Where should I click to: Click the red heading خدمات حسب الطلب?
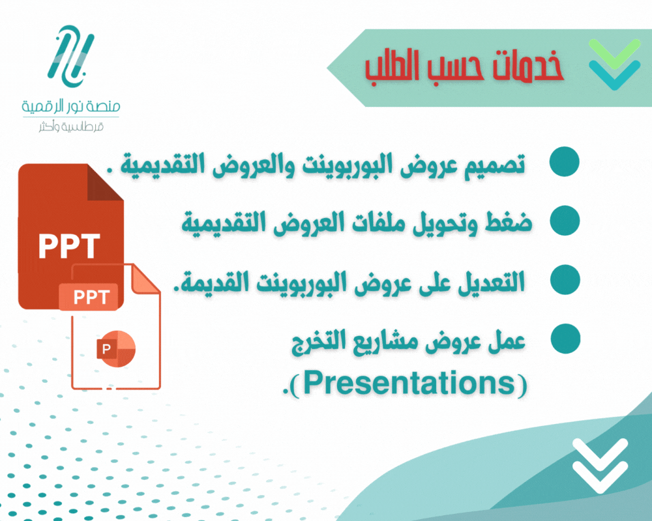(x=464, y=66)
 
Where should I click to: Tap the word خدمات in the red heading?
(x=528, y=66)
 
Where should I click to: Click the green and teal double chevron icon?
(x=614, y=64)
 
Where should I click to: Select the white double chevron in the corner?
(x=600, y=466)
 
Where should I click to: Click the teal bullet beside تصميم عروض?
(x=564, y=162)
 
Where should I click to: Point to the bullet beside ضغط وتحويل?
(x=565, y=221)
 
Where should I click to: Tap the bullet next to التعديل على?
(x=565, y=279)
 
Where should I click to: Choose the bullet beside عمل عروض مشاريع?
(x=565, y=339)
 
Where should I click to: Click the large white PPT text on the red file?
(x=69, y=246)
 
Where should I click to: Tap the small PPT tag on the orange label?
(x=91, y=298)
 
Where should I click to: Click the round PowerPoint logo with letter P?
(x=116, y=348)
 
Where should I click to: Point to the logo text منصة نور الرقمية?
(x=70, y=106)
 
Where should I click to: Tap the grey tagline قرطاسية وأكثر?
(x=71, y=126)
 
